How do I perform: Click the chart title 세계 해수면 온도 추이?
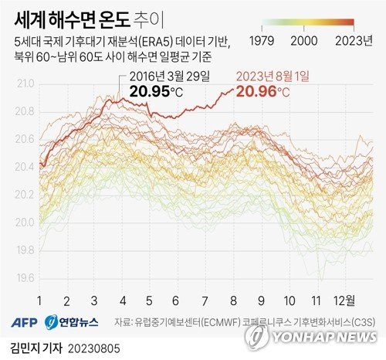(93, 15)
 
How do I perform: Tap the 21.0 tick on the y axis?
(25, 83)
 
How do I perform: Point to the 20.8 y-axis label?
(25, 111)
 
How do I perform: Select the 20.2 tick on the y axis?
(25, 195)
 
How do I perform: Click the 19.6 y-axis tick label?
(25, 278)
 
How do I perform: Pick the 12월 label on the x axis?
(344, 300)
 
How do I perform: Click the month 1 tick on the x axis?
(39, 300)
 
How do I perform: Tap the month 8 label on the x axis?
(233, 300)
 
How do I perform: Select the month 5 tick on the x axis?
(150, 300)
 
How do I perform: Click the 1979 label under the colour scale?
(274, 39)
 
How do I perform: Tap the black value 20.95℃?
(158, 92)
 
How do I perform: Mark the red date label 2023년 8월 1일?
(273, 76)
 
